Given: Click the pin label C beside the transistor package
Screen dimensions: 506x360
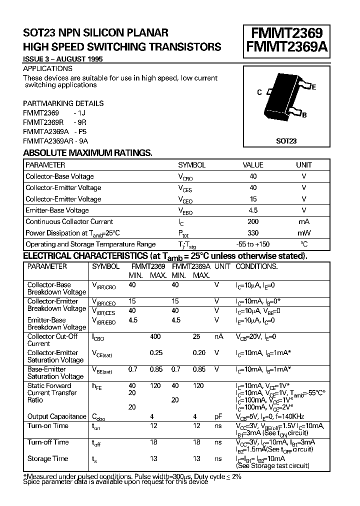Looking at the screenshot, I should tap(259, 92).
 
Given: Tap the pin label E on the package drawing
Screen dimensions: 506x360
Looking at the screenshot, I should tap(313, 87).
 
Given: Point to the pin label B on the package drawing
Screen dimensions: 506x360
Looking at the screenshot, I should tap(304, 115).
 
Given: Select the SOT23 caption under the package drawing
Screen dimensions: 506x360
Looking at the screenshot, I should tap(286, 141).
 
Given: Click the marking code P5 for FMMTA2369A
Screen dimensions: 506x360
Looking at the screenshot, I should tap(82, 131).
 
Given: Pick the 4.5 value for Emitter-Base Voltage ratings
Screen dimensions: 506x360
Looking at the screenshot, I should tap(253, 210).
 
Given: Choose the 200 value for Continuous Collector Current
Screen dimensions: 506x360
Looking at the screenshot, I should tap(253, 221).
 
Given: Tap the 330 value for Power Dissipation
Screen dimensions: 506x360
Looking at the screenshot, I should tap(253, 233).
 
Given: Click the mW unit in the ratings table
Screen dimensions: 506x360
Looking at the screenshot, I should tap(303, 233).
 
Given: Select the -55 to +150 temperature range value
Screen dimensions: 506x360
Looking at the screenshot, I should tap(253, 244).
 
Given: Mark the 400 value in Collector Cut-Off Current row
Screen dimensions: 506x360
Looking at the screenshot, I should tap(155, 337).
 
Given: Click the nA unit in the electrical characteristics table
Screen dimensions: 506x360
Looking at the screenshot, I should tap(218, 337).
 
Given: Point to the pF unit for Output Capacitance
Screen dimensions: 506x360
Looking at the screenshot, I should tap(218, 416).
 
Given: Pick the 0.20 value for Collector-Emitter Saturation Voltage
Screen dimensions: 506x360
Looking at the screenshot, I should tap(199, 353).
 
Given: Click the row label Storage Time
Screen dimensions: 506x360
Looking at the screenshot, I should tap(47, 458).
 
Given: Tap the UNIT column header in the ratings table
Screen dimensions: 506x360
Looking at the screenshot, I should tap(303, 164).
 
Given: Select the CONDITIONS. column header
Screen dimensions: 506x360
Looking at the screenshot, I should tap(256, 266).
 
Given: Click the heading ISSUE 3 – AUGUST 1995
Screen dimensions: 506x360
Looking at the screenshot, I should tap(63, 59).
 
